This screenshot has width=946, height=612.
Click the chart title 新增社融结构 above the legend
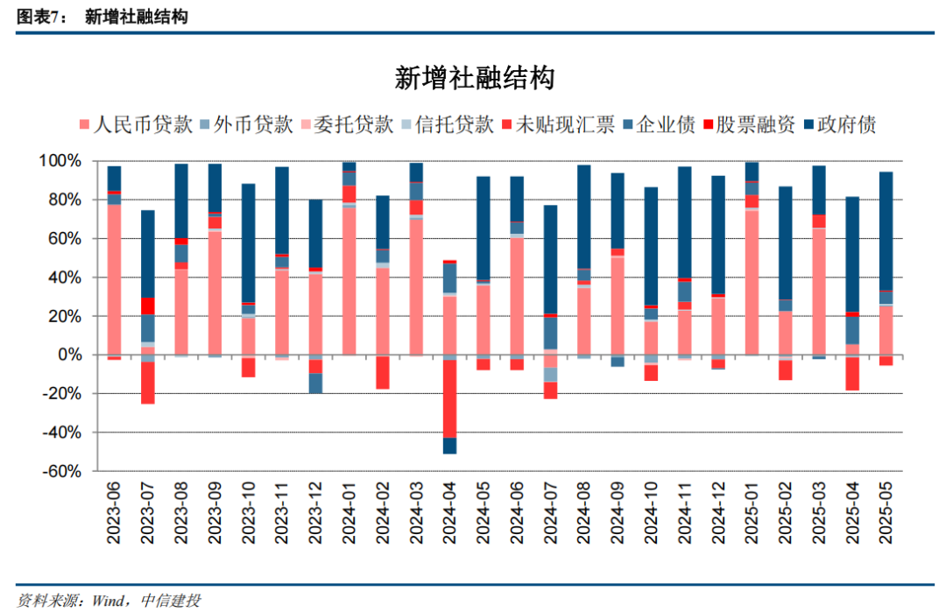[474, 80]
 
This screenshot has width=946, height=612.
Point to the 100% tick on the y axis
[60, 162]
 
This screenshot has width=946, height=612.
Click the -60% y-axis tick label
[60, 471]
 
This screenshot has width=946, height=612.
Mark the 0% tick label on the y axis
[69, 355]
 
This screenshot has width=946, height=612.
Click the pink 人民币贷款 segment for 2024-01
[349, 280]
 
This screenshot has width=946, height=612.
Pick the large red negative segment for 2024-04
[450, 398]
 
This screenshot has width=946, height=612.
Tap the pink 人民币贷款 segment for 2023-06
[114, 280]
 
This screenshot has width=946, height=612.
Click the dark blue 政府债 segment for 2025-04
[853, 254]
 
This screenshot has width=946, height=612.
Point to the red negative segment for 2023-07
[148, 383]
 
